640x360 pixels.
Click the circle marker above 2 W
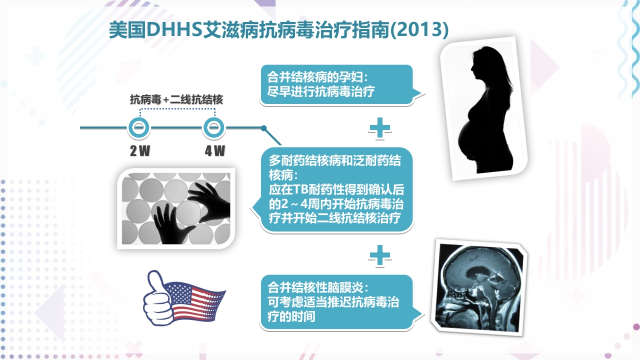(x=140, y=128)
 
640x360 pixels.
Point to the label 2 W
(x=140, y=151)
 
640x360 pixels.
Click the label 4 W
(x=215, y=151)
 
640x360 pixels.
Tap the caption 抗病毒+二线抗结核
(x=176, y=99)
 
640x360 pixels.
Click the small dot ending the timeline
(x=263, y=128)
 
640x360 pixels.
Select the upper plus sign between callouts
(x=379, y=128)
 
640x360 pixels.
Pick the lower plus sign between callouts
(x=379, y=255)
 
